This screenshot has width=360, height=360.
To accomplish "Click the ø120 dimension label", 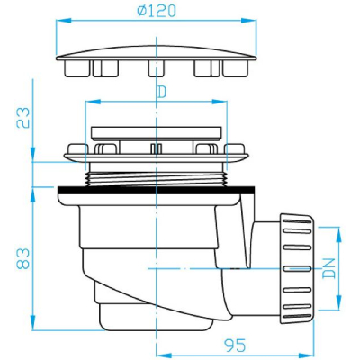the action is click(x=157, y=11).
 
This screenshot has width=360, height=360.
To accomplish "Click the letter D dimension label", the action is click(x=162, y=93).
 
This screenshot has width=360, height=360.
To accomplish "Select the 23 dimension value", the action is click(x=23, y=118).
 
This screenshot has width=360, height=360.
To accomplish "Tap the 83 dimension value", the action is click(x=23, y=258).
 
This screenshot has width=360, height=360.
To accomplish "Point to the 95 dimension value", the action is click(x=235, y=346).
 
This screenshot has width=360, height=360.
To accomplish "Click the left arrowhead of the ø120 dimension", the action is click(x=64, y=21).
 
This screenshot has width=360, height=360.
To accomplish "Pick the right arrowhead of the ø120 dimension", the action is click(x=249, y=21).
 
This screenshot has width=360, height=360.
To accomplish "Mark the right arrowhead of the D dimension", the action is click(x=220, y=102).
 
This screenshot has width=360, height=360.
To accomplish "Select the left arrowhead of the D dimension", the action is click(x=93, y=102).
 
